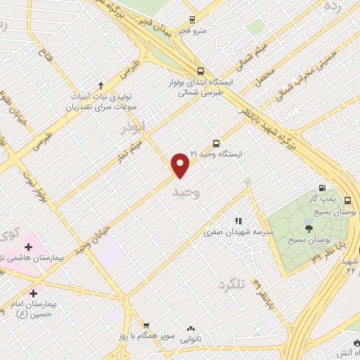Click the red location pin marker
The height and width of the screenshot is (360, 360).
click(x=181, y=165)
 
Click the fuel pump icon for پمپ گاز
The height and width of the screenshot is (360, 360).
click(x=322, y=187)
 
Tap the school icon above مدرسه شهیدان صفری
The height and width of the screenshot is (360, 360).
click(x=237, y=221)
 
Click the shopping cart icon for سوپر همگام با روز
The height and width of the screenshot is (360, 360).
click(x=146, y=326)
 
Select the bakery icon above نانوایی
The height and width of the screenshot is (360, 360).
click(x=190, y=328)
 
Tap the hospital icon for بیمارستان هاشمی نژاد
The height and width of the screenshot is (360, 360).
click(x=28, y=247)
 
